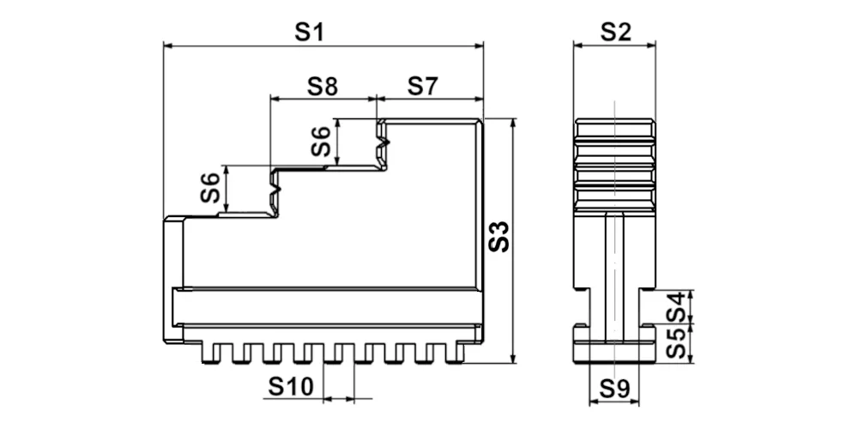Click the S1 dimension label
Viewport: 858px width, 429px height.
(309, 33)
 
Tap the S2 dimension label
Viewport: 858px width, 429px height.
(615, 33)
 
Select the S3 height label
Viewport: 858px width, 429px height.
(498, 237)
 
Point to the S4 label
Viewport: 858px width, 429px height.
(675, 307)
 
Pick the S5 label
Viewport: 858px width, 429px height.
(675, 343)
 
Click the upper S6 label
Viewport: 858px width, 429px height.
(321, 142)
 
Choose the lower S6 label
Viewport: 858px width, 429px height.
(209, 187)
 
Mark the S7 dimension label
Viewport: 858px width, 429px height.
(423, 87)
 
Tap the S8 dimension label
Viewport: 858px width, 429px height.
(323, 87)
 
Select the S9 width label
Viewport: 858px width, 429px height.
(614, 389)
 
